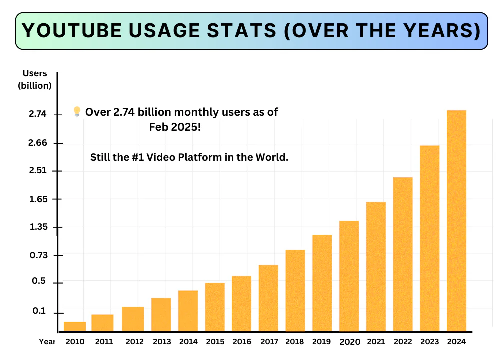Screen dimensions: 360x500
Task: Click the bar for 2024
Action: pyautogui.click(x=456, y=220)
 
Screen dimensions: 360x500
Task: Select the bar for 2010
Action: pyautogui.click(x=75, y=326)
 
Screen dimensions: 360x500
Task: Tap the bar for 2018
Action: pyautogui.click(x=295, y=290)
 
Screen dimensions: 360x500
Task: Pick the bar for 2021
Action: pyautogui.click(x=376, y=266)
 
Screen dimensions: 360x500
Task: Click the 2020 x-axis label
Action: pyautogui.click(x=349, y=342)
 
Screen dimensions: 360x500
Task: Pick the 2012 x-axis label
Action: pyautogui.click(x=134, y=342)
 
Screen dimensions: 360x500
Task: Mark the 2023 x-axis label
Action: pyautogui.click(x=429, y=342)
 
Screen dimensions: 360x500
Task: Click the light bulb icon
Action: pyautogui.click(x=77, y=112)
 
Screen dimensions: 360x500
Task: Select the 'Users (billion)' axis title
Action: pyautogui.click(x=35, y=79)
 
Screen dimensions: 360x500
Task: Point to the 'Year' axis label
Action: pyautogui.click(x=47, y=342)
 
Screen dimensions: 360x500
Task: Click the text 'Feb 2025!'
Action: pyautogui.click(x=175, y=127)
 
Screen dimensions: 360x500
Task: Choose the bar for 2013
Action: pyautogui.click(x=161, y=314)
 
